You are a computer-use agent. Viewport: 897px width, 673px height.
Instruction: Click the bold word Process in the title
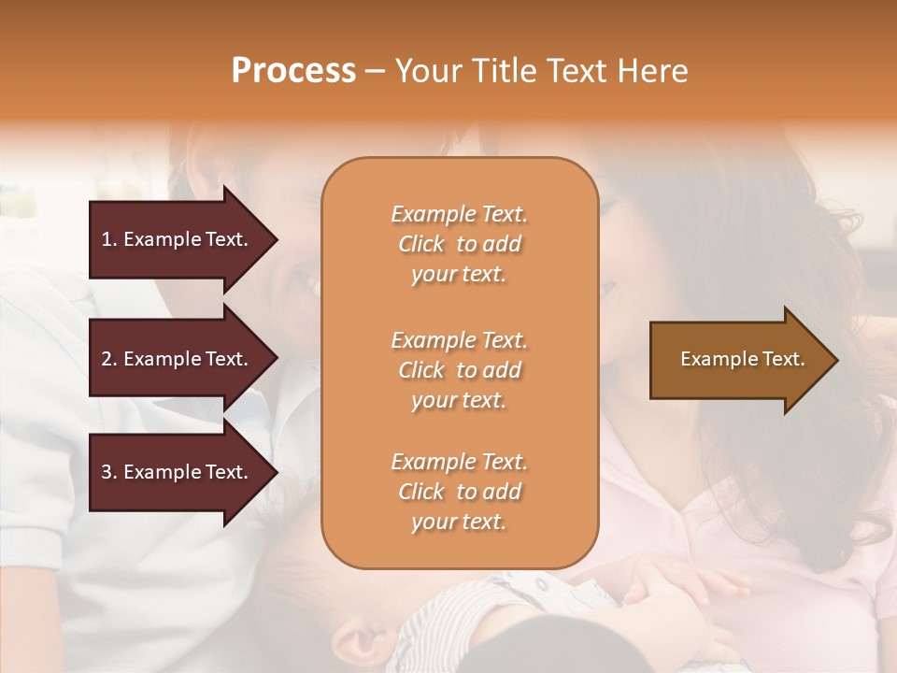(293, 71)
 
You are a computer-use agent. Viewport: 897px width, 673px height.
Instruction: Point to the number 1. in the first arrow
(109, 239)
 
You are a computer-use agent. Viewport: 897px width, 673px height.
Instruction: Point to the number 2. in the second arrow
(109, 359)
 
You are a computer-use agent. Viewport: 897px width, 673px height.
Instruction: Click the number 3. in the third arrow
(109, 472)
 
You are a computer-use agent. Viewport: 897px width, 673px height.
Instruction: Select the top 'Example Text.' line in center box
(459, 214)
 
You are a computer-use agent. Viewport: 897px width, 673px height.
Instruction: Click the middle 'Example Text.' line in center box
(459, 340)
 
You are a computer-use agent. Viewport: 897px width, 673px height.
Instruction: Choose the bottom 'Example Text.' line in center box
(459, 462)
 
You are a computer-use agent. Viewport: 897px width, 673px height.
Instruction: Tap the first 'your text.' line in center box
(459, 275)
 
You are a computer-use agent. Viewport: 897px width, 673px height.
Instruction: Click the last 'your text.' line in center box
(459, 523)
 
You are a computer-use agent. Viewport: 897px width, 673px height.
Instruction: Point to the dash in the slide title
(375, 72)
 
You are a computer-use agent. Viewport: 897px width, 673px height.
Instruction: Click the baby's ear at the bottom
(361, 643)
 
